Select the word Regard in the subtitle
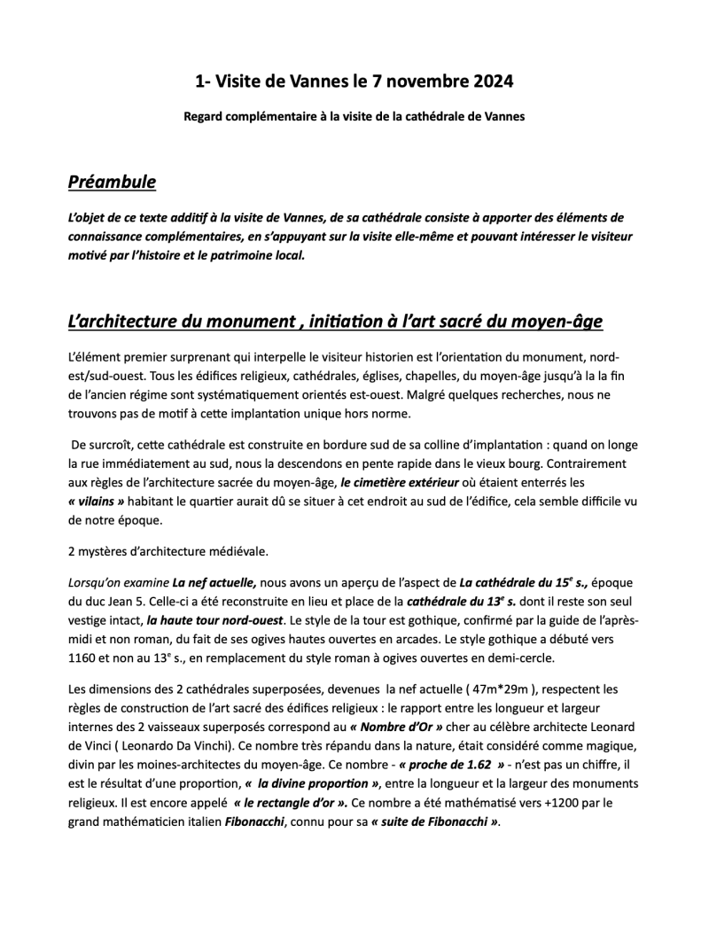point(206,116)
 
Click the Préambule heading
point(112,183)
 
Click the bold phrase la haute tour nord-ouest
point(218,619)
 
